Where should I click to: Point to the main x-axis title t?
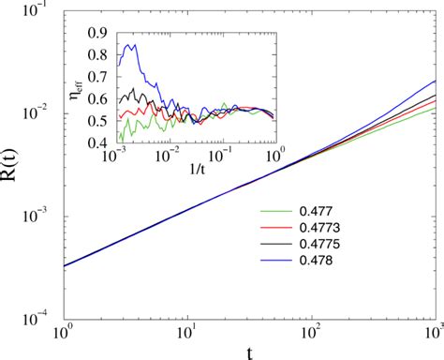click(248, 352)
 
